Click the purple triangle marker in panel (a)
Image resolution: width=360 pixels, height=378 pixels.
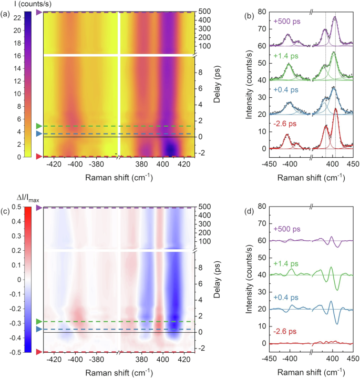pos(38,12)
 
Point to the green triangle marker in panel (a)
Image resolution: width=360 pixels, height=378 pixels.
pos(38,126)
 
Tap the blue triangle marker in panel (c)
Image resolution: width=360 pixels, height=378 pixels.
pos(38,329)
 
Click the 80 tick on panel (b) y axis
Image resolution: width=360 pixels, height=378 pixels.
pos(262,12)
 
